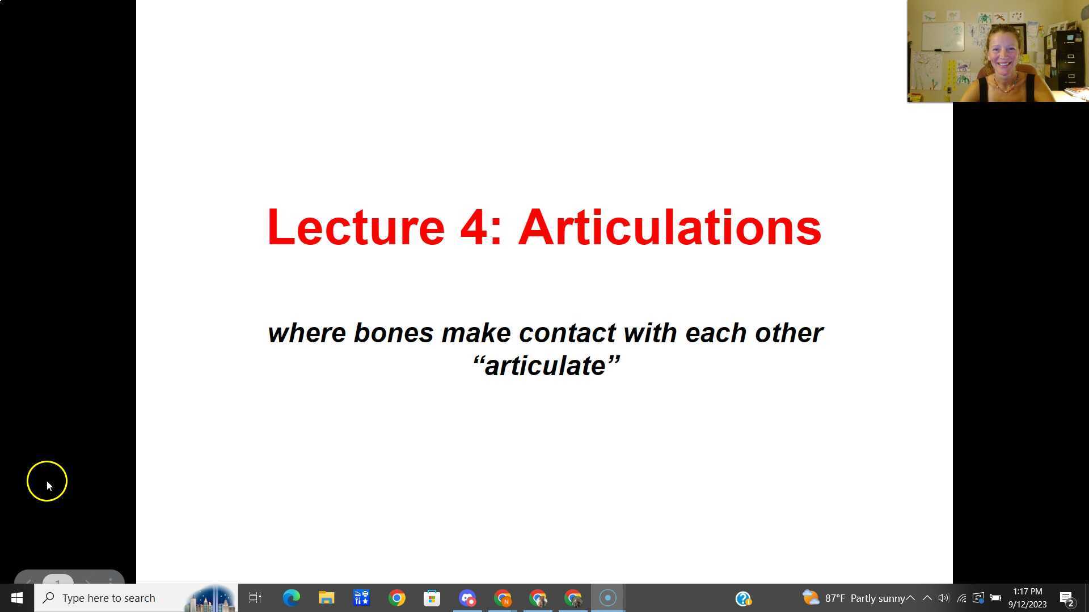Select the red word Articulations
669,228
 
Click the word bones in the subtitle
393,333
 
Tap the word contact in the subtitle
567,333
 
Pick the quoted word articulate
546,366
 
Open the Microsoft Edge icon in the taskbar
291,598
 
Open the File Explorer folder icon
326,598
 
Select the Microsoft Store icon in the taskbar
432,598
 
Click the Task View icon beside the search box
255,598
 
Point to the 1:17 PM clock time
1027,592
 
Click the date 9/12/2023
1027,605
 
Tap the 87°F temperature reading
835,598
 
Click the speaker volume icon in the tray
944,598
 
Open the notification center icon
1066,598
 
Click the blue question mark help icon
743,598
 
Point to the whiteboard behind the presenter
942,37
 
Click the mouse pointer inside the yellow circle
49,485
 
